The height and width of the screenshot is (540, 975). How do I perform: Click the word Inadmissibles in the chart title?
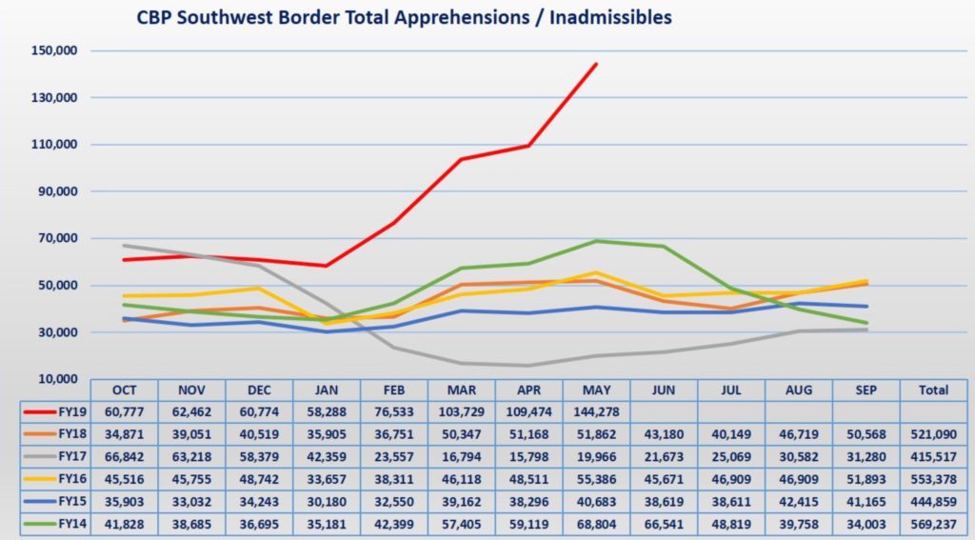pyautogui.click(x=610, y=17)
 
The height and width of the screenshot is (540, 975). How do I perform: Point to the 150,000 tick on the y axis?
pyautogui.click(x=54, y=50)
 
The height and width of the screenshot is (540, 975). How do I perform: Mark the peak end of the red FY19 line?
pyautogui.click(x=596, y=64)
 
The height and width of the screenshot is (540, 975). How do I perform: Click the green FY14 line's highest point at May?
pyautogui.click(x=596, y=241)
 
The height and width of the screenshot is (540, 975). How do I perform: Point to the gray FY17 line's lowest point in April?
pyautogui.click(x=528, y=365)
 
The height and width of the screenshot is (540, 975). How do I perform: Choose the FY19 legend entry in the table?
pyautogui.click(x=55, y=411)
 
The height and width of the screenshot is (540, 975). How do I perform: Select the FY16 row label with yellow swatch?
pyautogui.click(x=55, y=479)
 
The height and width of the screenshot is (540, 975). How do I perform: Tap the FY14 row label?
pyautogui.click(x=55, y=524)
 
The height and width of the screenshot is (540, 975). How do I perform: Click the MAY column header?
pyautogui.click(x=596, y=390)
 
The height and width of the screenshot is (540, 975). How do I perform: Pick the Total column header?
pyautogui.click(x=933, y=390)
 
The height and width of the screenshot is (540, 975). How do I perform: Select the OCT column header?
pyautogui.click(x=125, y=390)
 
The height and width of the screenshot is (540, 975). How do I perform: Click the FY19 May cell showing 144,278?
pyautogui.click(x=596, y=411)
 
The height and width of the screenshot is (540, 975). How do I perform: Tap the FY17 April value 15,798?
pyautogui.click(x=529, y=456)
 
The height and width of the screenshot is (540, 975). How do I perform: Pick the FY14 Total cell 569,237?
pyautogui.click(x=933, y=524)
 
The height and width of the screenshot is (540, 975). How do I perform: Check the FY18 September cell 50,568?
pyautogui.click(x=866, y=434)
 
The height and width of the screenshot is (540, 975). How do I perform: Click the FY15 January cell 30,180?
pyautogui.click(x=327, y=501)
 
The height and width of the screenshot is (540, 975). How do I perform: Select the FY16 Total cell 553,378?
pyautogui.click(x=933, y=479)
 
